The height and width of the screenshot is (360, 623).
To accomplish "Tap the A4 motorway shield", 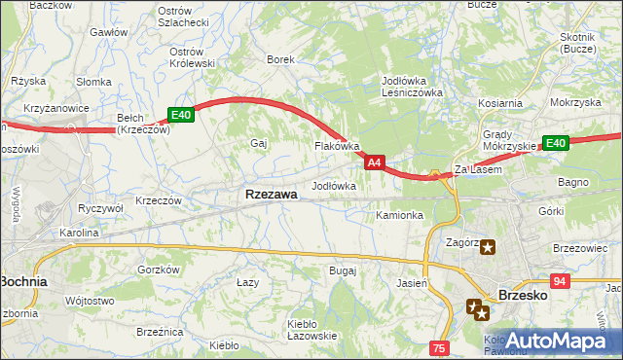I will click(377, 162).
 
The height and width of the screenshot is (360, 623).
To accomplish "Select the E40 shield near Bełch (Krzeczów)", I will click(182, 115).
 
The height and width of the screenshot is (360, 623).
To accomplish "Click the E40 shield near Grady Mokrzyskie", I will click(555, 143).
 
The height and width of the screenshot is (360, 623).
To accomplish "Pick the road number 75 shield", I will click(440, 348).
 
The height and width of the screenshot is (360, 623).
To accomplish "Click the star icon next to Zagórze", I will click(486, 247).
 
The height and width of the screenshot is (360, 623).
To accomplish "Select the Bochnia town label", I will click(25, 281).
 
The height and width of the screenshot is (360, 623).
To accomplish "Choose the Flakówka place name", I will click(337, 146).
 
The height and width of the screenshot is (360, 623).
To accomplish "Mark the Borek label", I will click(280, 59).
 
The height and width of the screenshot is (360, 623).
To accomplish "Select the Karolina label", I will click(78, 233).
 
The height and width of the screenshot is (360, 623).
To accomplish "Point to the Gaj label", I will click(259, 143).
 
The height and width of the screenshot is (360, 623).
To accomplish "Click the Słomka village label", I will click(94, 81).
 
